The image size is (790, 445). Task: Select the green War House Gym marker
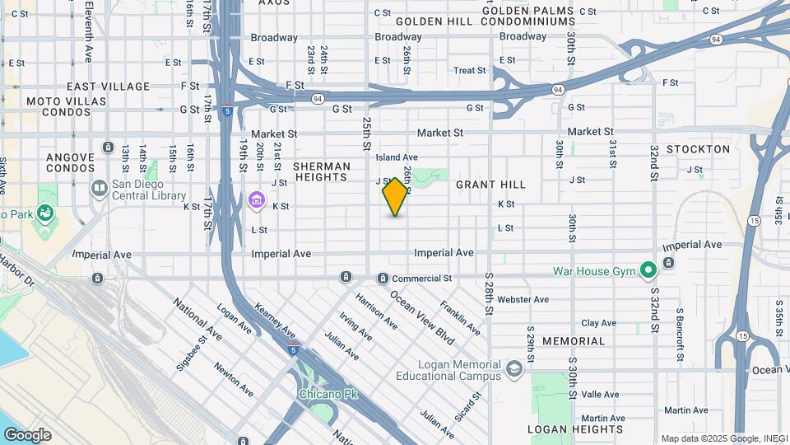click(x=648, y=269)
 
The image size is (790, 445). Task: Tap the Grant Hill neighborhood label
click(x=490, y=185)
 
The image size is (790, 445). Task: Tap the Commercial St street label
click(x=421, y=279)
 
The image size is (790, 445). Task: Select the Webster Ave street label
click(x=523, y=300)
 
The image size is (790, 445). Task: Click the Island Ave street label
click(x=397, y=157)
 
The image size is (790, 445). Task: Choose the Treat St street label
click(x=470, y=71)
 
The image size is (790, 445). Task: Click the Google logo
click(x=27, y=435)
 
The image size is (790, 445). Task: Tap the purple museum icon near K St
click(x=256, y=200)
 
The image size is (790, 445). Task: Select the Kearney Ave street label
click(x=275, y=320)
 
